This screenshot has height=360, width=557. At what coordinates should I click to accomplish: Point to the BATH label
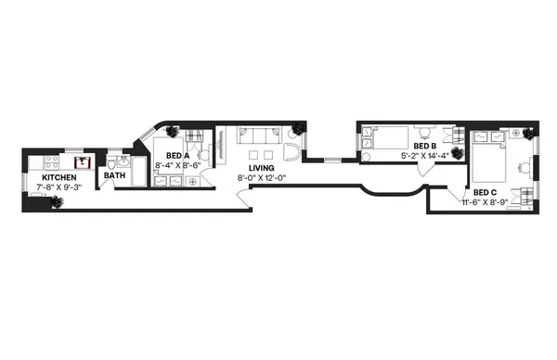pos(115,175)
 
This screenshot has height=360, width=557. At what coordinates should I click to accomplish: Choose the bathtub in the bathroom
pos(136,173)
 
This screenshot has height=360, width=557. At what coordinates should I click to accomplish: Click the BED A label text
pos(177,156)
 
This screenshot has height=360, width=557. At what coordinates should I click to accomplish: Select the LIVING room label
pos(261,168)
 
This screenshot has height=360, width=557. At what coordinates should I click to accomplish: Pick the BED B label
pos(424,147)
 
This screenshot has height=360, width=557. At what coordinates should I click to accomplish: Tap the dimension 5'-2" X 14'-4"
pos(424,156)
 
